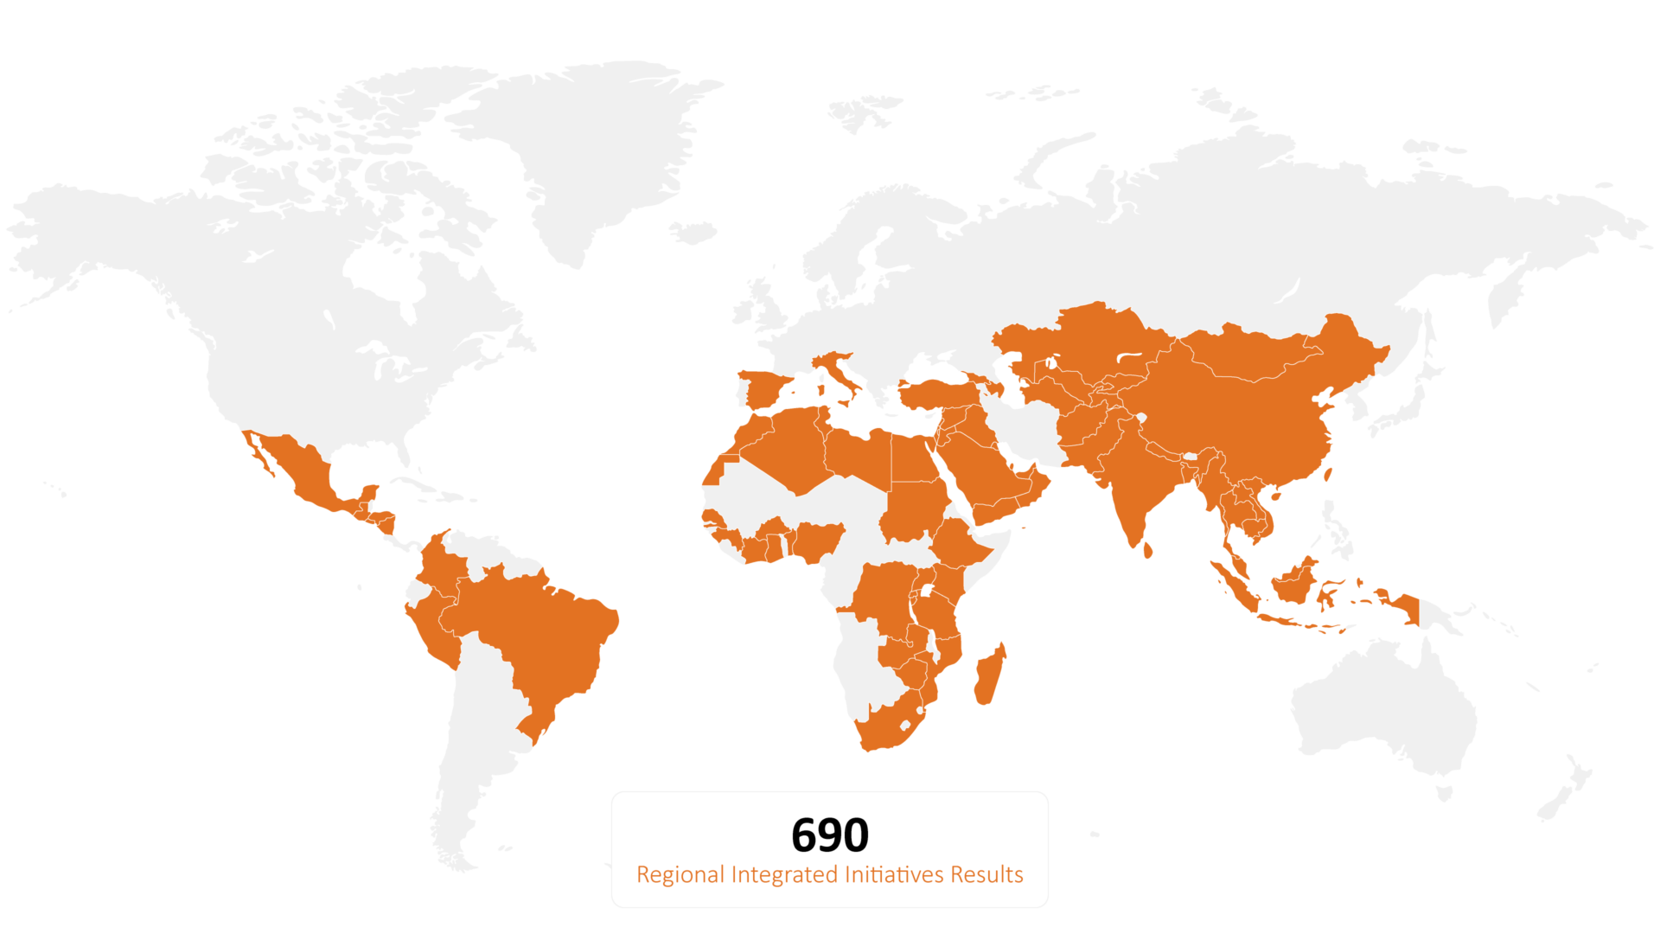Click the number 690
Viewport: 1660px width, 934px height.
pyautogui.click(x=829, y=835)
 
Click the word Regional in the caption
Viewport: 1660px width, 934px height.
pyautogui.click(x=680, y=875)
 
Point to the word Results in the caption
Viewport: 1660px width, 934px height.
pyautogui.click(x=986, y=875)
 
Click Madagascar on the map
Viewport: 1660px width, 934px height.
pyautogui.click(x=989, y=675)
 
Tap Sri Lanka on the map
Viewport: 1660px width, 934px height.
pyautogui.click(x=1147, y=549)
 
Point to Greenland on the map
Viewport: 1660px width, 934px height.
pyautogui.click(x=597, y=147)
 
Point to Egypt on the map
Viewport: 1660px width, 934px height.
pyautogui.click(x=913, y=458)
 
